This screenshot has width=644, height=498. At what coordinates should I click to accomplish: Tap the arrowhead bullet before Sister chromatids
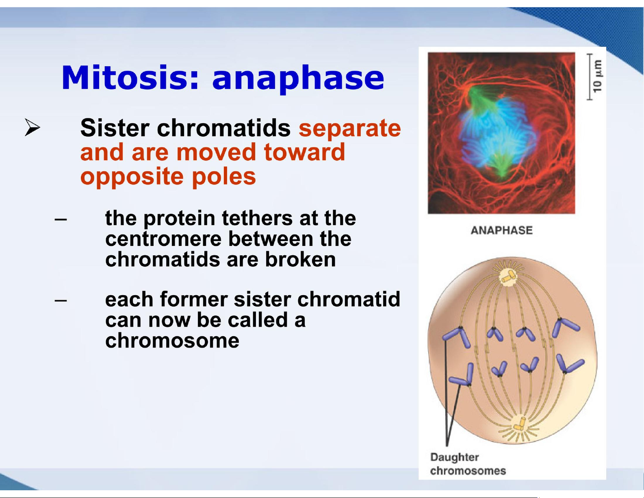[x=33, y=127]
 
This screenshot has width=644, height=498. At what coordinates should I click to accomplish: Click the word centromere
[x=164, y=239]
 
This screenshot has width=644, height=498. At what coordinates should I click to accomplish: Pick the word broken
[x=300, y=259]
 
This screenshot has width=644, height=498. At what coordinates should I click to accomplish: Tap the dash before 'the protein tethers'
[x=61, y=220]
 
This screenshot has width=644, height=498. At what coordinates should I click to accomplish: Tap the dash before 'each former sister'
[x=61, y=300]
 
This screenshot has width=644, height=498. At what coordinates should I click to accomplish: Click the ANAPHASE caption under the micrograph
[x=501, y=231]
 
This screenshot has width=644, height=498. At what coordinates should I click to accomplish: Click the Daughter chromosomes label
[x=468, y=463]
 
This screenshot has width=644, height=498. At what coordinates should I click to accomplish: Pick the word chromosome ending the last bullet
[x=172, y=341]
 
